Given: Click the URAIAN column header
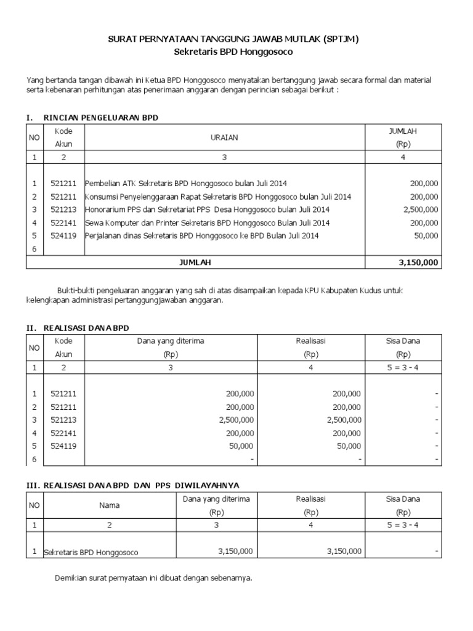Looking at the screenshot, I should tap(225, 137).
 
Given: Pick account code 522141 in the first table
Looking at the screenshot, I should tap(63, 222).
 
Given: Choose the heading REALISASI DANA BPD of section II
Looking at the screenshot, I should tap(86, 327).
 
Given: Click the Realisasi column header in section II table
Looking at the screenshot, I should tap(310, 341).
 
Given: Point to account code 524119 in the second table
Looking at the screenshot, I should tap(63, 446).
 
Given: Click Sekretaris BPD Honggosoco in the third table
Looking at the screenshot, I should tap(92, 552).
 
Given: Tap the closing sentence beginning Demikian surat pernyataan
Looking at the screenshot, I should tap(153, 579).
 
